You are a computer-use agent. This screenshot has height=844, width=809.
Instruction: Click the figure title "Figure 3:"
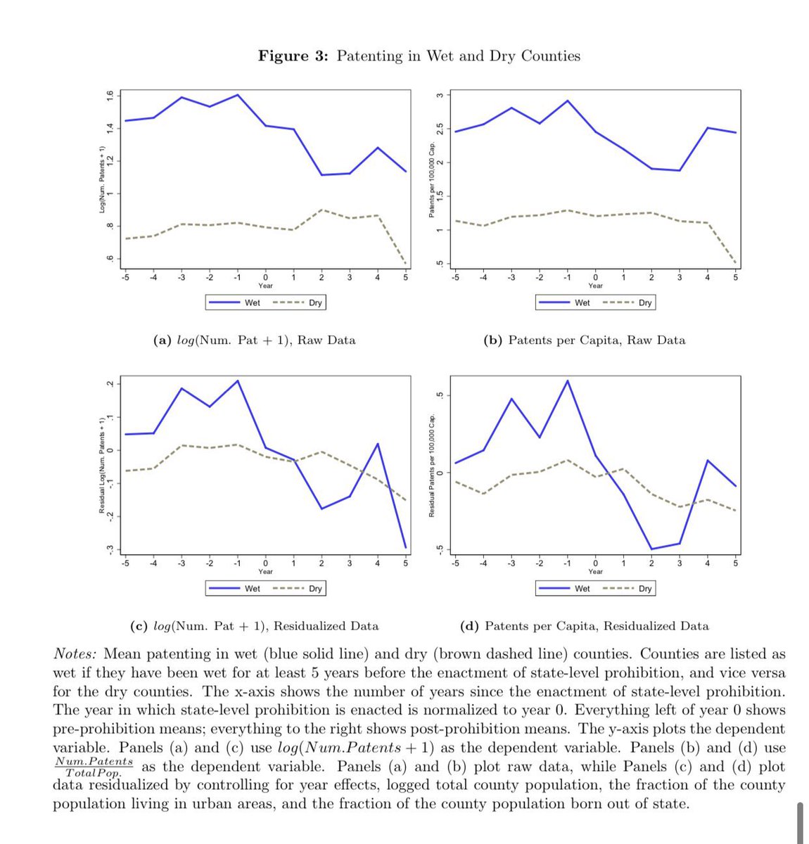pos(293,56)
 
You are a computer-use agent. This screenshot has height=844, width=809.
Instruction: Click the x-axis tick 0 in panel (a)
pos(265,277)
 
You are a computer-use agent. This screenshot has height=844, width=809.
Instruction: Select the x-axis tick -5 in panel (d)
pos(455,563)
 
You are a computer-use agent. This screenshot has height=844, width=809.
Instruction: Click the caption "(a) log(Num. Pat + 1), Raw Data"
pos(254,340)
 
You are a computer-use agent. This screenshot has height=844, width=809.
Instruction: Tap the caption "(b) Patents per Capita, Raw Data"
pos(584,340)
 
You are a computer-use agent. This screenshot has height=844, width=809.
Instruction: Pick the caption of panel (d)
pos(584,626)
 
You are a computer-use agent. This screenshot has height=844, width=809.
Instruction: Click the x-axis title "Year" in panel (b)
pos(595,286)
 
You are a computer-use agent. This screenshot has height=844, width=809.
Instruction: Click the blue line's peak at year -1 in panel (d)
pos(567,381)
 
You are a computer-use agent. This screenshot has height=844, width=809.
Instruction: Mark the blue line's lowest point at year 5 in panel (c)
pos(405,547)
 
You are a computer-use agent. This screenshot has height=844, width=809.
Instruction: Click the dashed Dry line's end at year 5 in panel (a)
pos(405,263)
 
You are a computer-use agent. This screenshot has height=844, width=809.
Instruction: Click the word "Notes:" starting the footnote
pos(75,654)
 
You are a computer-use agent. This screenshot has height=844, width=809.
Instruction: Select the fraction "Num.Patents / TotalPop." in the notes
pos(94,767)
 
